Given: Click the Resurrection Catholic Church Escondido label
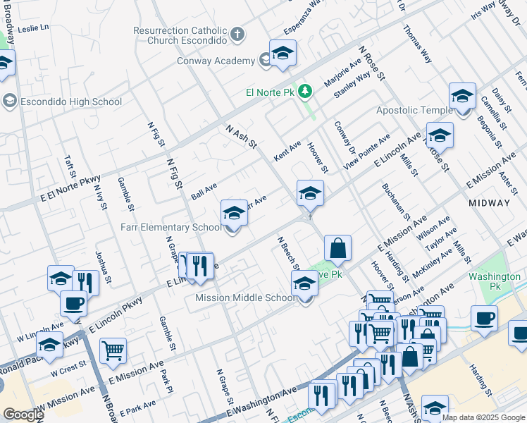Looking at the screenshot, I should point(180,36).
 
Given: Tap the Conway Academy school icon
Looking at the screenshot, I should point(283,54).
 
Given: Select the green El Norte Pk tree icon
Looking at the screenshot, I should point(305,91).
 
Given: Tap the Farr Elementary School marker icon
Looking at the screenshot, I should point(234,213).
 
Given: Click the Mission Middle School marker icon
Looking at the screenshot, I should point(304,284).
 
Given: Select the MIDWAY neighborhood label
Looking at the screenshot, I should point(489,202).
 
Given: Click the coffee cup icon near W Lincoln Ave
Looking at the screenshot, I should point(73,304).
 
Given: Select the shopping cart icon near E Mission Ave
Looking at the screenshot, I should point(113,350).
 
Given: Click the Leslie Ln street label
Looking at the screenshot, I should point(34,28).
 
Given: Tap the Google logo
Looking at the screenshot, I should point(23,415).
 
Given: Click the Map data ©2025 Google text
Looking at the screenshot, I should point(483,417).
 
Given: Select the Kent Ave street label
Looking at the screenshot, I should point(287,150).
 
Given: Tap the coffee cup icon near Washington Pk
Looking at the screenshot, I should point(484,317).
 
